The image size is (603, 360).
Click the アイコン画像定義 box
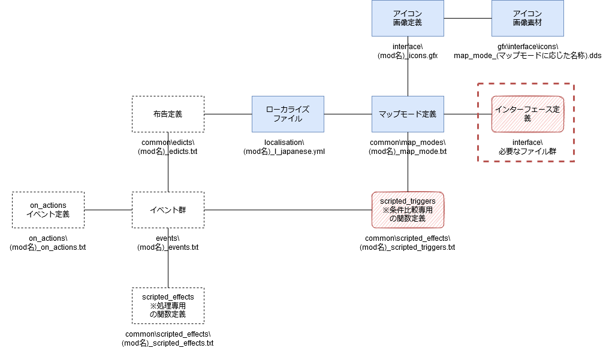pyautogui.click(x=408, y=18)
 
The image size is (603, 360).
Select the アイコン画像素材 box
pyautogui.click(x=527, y=18)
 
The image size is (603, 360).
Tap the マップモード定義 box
pyautogui.click(x=408, y=114)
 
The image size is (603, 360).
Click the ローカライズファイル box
pyautogui.click(x=288, y=114)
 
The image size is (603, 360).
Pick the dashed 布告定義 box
pyautogui.click(x=168, y=114)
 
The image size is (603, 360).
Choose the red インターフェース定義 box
pyautogui.click(x=527, y=114)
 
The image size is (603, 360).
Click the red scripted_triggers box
pyautogui.click(x=408, y=210)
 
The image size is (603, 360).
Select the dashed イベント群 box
pyautogui.click(x=168, y=210)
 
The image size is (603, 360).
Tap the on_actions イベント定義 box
pyautogui.click(x=48, y=210)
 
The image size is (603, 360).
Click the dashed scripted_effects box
pyautogui.click(x=168, y=306)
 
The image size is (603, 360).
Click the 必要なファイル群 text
pyautogui.click(x=527, y=152)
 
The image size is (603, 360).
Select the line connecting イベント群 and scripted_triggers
pyautogui.click(x=288, y=210)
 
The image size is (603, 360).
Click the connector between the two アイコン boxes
pyautogui.click(x=468, y=18)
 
